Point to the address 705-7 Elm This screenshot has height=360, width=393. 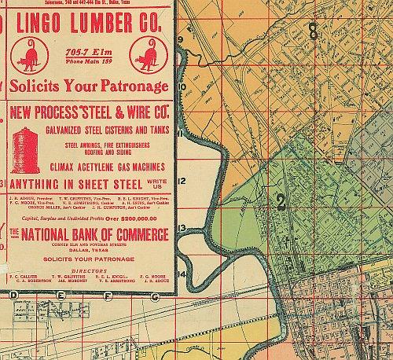point(90,54)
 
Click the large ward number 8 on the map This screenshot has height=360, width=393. point(314,32)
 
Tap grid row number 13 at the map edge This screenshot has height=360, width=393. point(181,227)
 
